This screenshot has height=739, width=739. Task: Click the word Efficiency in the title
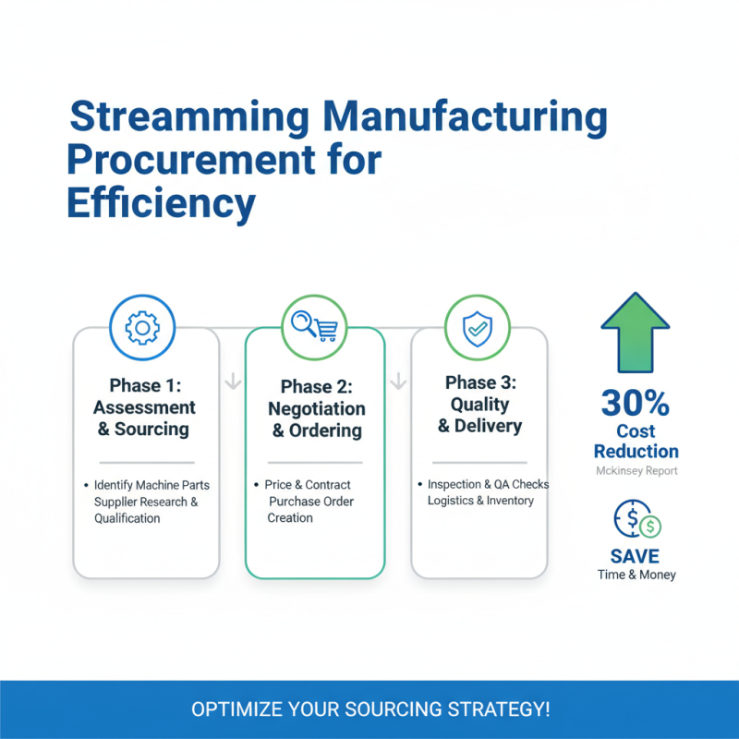click(x=161, y=203)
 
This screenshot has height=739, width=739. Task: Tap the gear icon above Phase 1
click(x=142, y=328)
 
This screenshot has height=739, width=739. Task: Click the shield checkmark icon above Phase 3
click(x=478, y=328)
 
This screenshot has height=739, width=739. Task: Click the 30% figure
click(x=636, y=403)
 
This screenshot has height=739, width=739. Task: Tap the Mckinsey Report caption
click(x=636, y=471)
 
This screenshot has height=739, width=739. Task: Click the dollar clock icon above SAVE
click(x=636, y=523)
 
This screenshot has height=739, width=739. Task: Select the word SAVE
click(x=636, y=556)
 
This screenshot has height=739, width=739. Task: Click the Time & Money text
click(x=636, y=575)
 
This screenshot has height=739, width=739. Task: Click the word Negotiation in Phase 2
click(x=316, y=409)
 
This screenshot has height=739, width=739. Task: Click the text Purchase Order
click(x=311, y=502)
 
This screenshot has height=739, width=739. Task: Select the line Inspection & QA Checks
click(x=488, y=485)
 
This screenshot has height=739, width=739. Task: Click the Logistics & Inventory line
click(x=480, y=501)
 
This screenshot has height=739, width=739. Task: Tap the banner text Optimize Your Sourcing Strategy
click(x=369, y=709)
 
